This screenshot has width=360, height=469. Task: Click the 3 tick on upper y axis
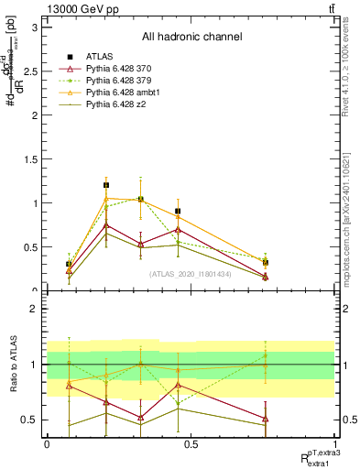[x=37, y=27]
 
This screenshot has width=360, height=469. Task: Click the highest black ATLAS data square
[x=106, y=185]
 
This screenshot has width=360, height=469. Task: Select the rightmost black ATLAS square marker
[x=265, y=263]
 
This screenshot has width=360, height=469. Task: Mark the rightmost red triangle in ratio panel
[x=265, y=419]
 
